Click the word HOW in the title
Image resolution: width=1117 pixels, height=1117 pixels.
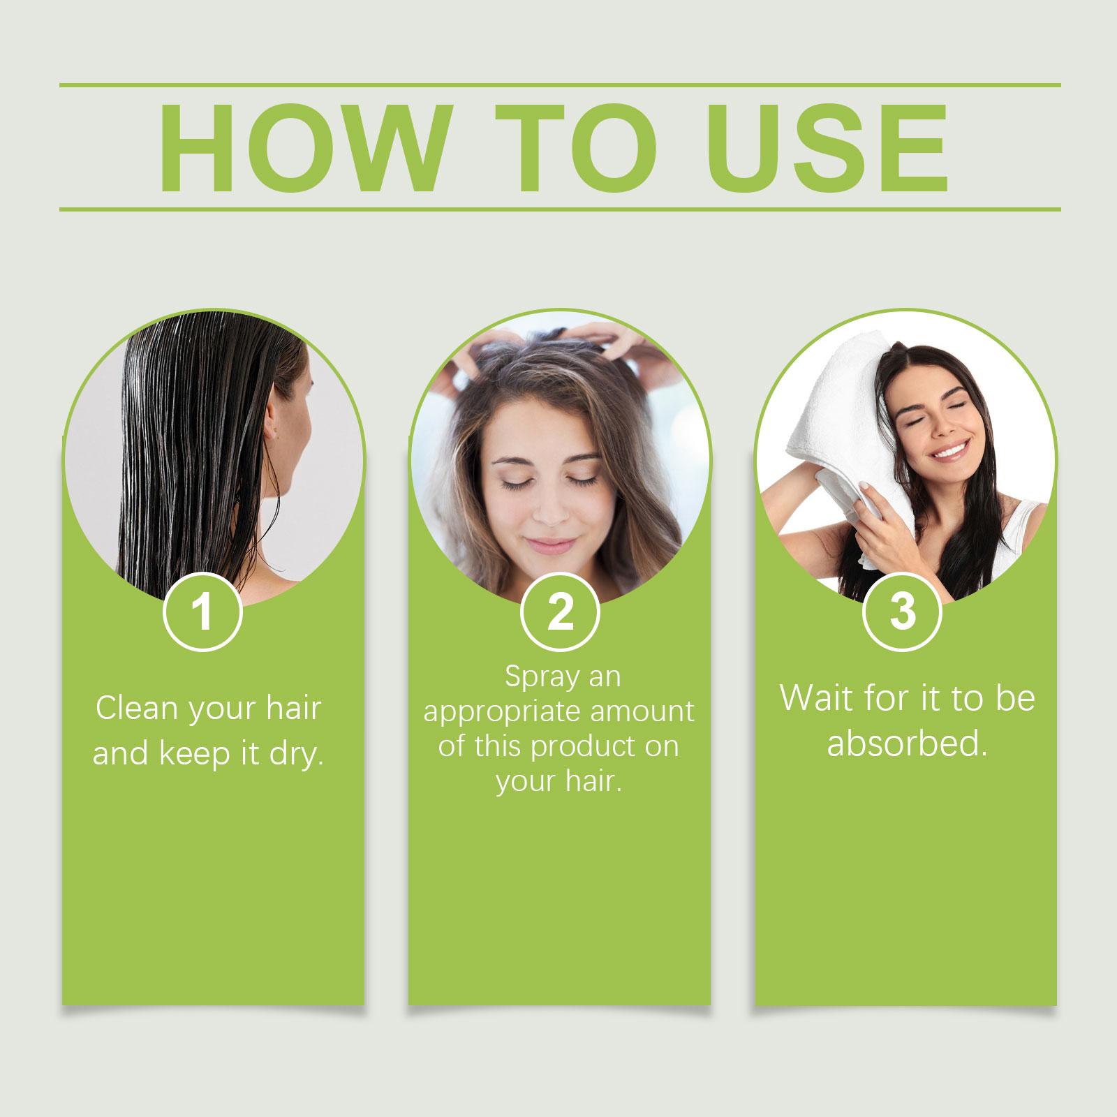pos(301,149)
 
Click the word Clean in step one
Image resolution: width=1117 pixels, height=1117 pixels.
pos(137,709)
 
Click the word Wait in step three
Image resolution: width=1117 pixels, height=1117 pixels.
pos(814,698)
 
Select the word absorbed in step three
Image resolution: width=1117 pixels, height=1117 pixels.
pos(907,744)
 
